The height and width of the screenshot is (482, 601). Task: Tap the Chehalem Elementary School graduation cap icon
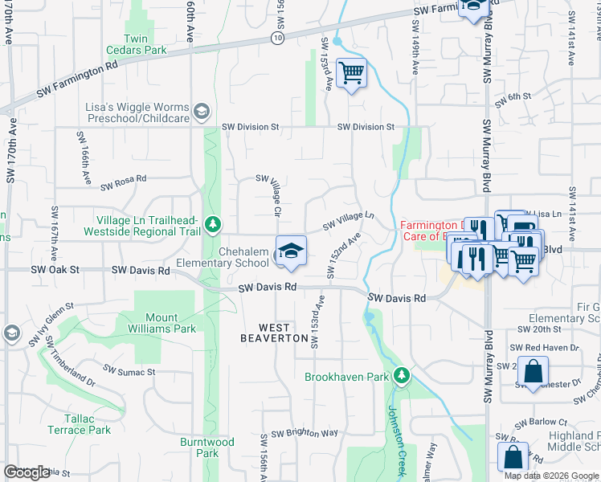pyautogui.click(x=291, y=249)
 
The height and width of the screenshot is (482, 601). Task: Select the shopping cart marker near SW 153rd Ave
pyautogui.click(x=351, y=74)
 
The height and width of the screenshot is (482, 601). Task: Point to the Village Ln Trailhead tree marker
pyautogui.click(x=213, y=223)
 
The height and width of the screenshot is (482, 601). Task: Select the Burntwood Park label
pyautogui.click(x=207, y=447)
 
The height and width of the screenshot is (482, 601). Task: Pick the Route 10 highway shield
pyautogui.click(x=277, y=38)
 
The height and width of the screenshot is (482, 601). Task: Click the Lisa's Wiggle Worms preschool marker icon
pyautogui.click(x=202, y=111)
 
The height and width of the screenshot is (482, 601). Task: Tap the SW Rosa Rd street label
pyautogui.click(x=124, y=184)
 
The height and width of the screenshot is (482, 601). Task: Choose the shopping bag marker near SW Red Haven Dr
pyautogui.click(x=533, y=374)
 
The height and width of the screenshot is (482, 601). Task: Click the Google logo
pyautogui.click(x=27, y=472)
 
